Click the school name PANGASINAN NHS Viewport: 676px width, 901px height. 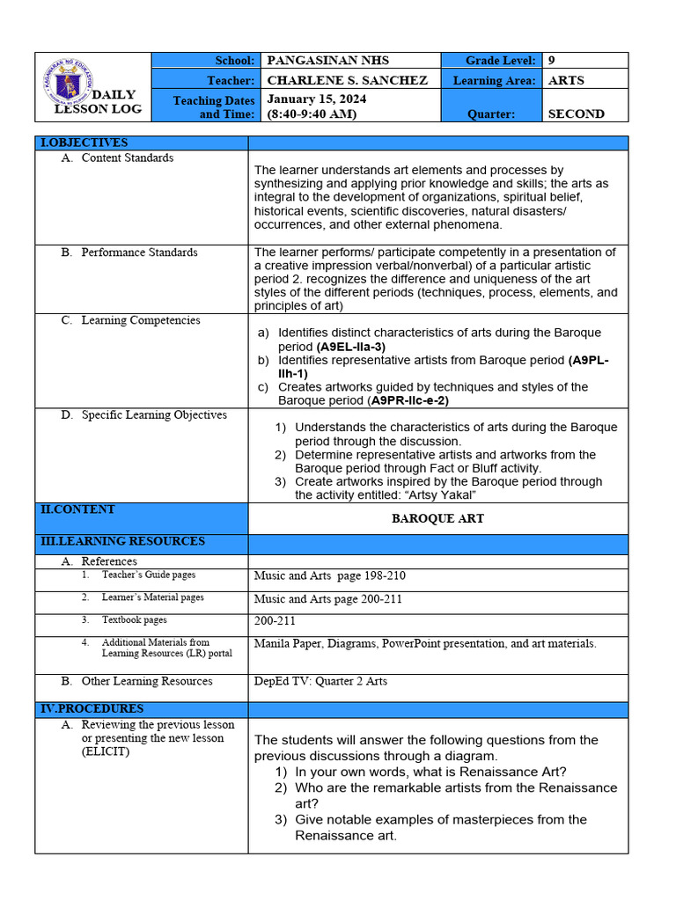tap(327, 61)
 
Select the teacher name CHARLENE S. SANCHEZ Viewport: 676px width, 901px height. tap(347, 80)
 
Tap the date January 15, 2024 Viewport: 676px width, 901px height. tap(316, 99)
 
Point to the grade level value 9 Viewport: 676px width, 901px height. tap(551, 61)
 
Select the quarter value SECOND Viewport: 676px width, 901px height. tap(576, 114)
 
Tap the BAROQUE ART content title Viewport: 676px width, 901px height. tap(437, 518)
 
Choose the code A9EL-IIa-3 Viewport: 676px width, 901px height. tap(350, 347)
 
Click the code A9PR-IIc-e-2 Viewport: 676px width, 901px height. tap(409, 400)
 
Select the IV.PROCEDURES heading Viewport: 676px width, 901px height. tap(92, 708)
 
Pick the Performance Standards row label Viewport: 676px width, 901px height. tap(139, 253)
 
